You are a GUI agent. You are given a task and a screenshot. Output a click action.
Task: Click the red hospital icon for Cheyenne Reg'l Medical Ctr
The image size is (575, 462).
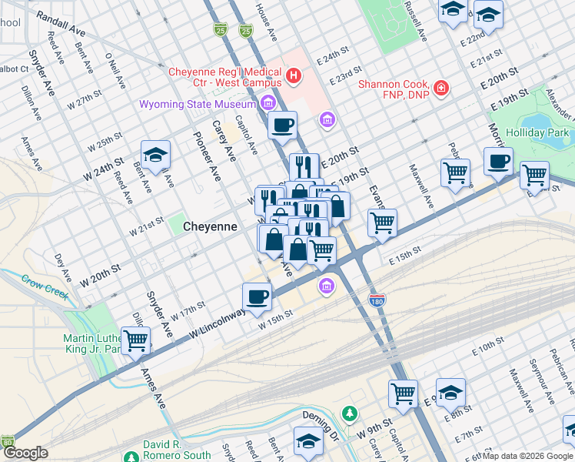tap(293, 76)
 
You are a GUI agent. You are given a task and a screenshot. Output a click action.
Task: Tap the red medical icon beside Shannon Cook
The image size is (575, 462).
tap(441, 89)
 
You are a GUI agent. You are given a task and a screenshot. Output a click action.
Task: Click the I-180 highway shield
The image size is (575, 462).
tap(377, 299)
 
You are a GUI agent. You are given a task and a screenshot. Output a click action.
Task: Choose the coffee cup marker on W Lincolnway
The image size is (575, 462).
tap(257, 296)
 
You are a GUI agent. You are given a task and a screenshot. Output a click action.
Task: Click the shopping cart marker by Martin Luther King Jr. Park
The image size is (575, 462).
tap(136, 340)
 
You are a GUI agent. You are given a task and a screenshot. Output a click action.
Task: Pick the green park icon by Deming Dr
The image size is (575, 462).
tap(350, 414)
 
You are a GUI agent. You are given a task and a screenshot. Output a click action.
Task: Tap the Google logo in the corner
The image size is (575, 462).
tap(25, 454)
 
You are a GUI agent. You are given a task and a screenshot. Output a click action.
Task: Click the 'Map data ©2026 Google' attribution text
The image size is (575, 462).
tap(527, 456)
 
